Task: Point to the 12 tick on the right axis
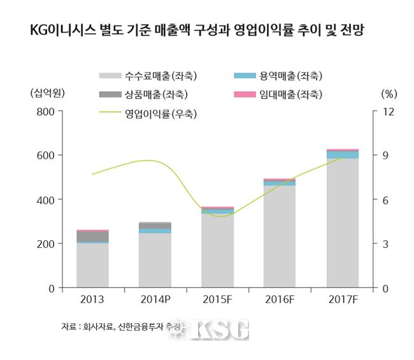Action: click(x=388, y=112)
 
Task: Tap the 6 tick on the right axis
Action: click(x=386, y=200)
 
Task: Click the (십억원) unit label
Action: click(x=48, y=92)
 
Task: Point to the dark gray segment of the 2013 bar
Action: click(x=92, y=236)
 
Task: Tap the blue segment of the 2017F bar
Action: click(x=342, y=154)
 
